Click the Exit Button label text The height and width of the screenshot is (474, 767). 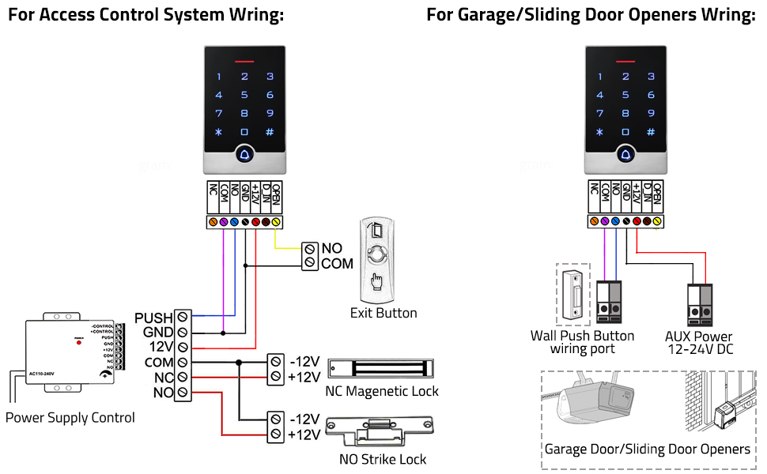click(x=383, y=313)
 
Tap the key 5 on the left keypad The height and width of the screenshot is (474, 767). click(x=244, y=95)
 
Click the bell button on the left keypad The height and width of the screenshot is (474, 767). click(x=244, y=156)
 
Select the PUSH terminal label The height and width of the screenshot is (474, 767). click(x=153, y=318)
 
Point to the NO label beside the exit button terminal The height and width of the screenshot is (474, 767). click(x=331, y=248)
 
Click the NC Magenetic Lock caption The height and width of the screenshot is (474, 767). click(x=382, y=391)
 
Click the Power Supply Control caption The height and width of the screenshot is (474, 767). click(x=70, y=417)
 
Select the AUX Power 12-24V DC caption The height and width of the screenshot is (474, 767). click(x=698, y=342)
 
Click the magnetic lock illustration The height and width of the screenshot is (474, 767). click(x=380, y=368)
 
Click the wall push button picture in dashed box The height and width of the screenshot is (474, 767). click(x=574, y=294)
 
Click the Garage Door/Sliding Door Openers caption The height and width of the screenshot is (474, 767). click(x=647, y=449)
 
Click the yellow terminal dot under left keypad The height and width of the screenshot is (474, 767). click(x=276, y=223)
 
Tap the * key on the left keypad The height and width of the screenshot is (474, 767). click(x=219, y=132)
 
